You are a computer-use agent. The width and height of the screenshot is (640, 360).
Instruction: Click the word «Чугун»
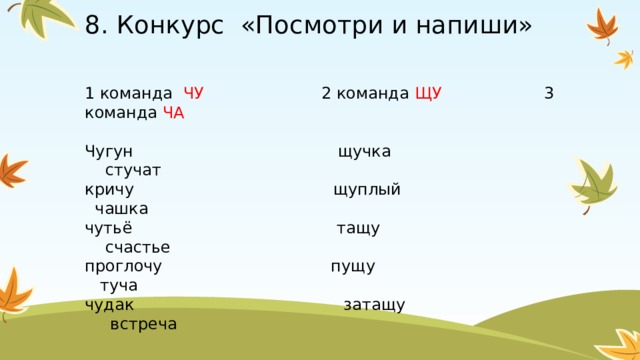(x=109, y=151)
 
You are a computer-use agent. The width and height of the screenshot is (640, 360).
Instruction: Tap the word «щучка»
(x=365, y=151)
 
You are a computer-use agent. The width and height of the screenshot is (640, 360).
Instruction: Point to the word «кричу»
(x=109, y=189)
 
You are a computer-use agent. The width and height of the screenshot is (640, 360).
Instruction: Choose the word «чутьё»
(x=108, y=228)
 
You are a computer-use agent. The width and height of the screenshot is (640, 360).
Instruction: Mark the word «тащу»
(x=358, y=228)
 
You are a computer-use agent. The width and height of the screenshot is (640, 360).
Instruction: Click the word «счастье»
(x=137, y=247)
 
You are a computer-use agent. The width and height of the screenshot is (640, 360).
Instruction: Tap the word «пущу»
(x=353, y=266)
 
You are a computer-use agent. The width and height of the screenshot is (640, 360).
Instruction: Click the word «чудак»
(x=107, y=304)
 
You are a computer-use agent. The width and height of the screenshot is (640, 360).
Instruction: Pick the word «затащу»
(x=374, y=304)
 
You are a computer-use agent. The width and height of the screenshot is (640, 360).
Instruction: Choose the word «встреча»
(x=144, y=323)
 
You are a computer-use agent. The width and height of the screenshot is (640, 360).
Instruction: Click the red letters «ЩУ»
(x=428, y=94)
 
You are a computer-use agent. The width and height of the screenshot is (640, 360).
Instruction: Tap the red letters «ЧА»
(x=173, y=113)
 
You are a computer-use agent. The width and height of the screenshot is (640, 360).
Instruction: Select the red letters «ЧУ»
(x=194, y=94)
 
